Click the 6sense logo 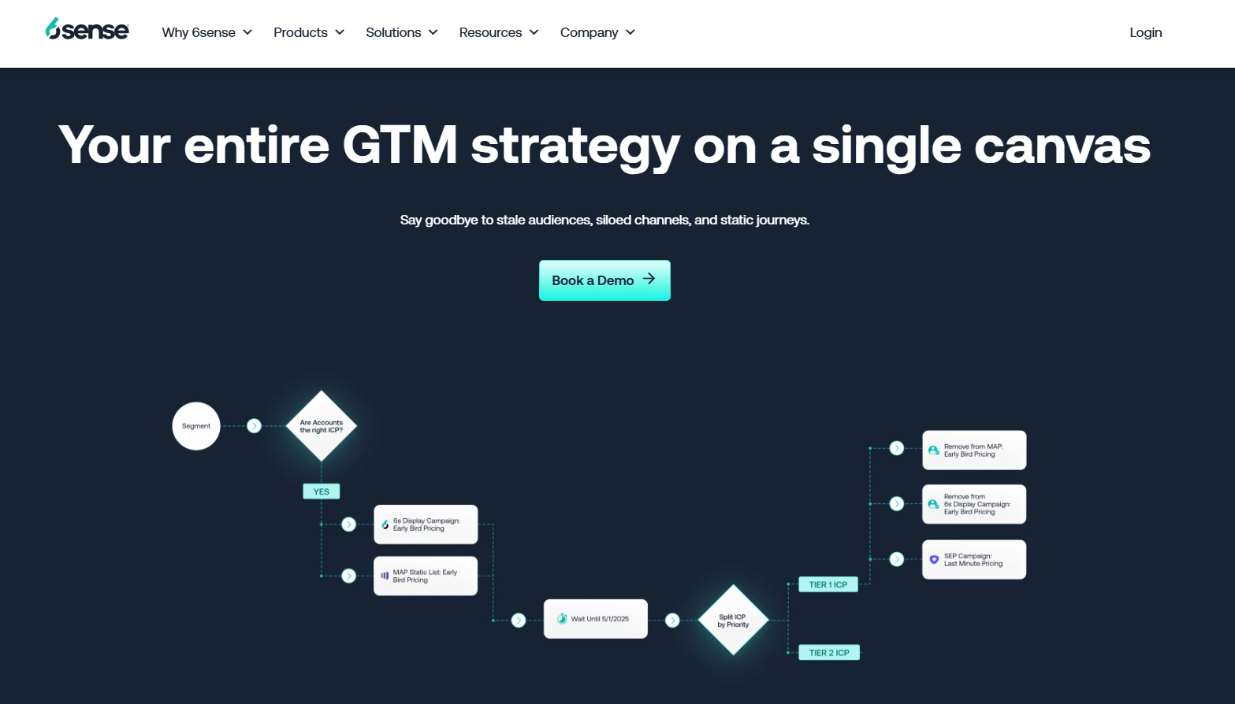pos(87,30)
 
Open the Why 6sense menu pos(206,32)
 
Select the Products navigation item pos(308,32)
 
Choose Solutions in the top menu pos(401,32)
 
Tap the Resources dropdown pos(498,32)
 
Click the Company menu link pos(597,32)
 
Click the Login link pos(1145,32)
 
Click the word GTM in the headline pos(400,145)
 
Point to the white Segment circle pos(196,426)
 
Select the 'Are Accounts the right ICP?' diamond pos(322,426)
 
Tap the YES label pos(322,491)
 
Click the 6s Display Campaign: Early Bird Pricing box pos(426,524)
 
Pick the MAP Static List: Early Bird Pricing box pos(426,576)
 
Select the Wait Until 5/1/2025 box pos(596,619)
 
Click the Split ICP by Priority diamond pos(733,621)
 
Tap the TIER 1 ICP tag pos(828,585)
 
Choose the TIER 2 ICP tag pos(829,653)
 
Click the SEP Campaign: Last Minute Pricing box pos(974,560)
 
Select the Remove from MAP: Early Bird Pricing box pos(974,450)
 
